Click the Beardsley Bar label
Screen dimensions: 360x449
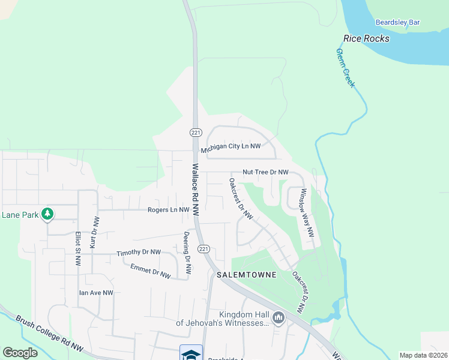click(397, 22)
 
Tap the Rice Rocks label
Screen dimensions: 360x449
click(366, 38)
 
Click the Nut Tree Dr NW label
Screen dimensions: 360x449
click(265, 172)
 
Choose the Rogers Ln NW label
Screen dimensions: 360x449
click(168, 210)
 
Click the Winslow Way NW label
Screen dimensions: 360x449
click(307, 213)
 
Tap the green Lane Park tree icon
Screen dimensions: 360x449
click(47, 214)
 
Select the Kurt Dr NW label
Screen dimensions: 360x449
click(94, 233)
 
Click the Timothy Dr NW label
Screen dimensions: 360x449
click(139, 253)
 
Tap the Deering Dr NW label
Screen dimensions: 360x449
click(187, 253)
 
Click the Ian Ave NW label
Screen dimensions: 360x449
click(96, 293)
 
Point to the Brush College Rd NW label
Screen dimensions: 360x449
click(49, 333)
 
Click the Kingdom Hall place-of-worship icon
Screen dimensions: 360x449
click(278, 318)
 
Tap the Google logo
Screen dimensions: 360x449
click(20, 353)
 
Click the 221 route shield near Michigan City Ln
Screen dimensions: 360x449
click(195, 132)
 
